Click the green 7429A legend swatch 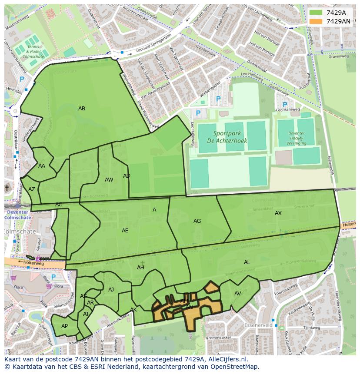316,13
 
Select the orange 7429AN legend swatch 316,21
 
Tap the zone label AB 82,109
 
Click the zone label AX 278,213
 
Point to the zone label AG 197,221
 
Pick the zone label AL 247,262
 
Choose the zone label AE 125,231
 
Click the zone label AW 109,180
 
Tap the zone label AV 238,294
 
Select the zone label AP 64,326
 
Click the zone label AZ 32,189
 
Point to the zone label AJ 111,290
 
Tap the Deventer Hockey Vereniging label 297,139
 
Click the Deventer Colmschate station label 17,215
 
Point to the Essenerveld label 258,325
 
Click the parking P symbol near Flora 53,277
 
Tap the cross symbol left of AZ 7,188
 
